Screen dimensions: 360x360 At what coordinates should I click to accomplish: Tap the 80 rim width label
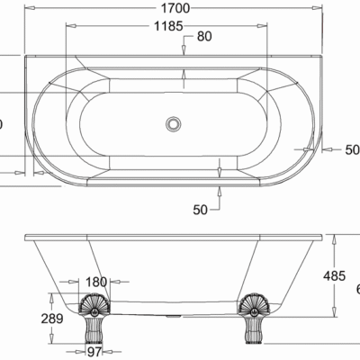(205, 37)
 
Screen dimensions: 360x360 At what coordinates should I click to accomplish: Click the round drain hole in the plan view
(173, 121)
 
